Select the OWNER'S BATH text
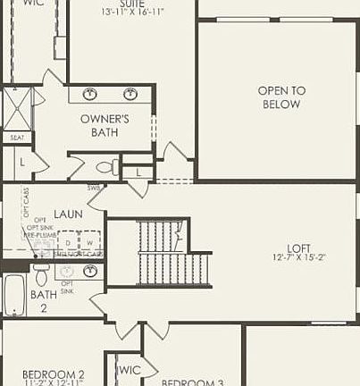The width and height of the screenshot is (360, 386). (x=105, y=125)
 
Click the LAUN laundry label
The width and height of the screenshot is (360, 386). (x=68, y=214)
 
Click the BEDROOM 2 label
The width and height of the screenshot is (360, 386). (x=54, y=375)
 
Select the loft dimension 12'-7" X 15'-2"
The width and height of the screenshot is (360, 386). (x=299, y=259)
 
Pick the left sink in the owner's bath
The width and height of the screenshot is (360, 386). (x=90, y=94)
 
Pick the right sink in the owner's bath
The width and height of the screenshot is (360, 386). (x=130, y=94)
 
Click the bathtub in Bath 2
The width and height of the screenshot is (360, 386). (x=13, y=295)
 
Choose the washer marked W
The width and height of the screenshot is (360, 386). (x=89, y=243)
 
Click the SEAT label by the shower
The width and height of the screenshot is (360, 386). (x=17, y=138)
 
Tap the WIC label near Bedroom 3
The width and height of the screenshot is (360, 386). (x=130, y=369)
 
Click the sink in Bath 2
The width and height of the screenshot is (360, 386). (x=90, y=270)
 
